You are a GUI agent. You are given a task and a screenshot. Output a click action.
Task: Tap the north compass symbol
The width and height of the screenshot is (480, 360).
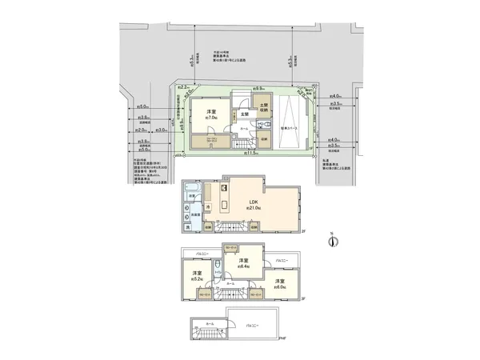click(334, 240)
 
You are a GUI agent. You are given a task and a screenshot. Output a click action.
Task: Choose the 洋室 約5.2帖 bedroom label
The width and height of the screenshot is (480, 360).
click(196, 277)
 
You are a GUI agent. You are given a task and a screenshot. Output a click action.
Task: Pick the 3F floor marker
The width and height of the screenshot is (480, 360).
click(302, 298)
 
